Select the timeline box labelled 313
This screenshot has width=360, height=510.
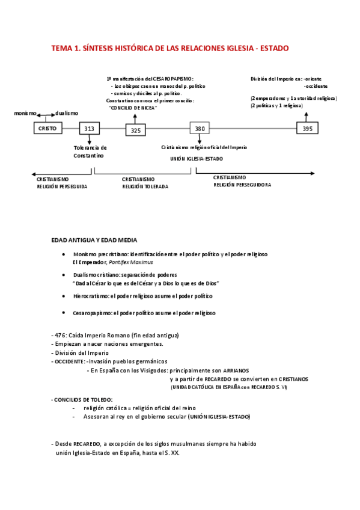point(89,129)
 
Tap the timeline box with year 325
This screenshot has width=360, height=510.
point(135,130)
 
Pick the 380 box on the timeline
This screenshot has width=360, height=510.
point(200,128)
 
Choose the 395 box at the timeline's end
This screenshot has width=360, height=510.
point(307,128)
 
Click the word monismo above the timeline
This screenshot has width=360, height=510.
point(25,113)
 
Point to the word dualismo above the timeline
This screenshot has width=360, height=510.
point(67,113)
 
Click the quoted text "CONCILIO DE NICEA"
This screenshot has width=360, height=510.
point(132,108)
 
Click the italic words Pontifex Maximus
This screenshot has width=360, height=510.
point(131,262)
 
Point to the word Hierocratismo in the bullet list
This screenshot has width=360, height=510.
point(91,296)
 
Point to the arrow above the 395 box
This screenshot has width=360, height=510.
point(307,116)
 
